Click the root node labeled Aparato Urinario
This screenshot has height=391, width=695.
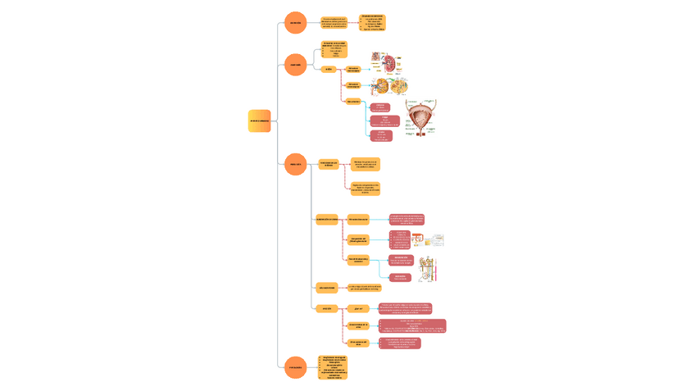point(259,120)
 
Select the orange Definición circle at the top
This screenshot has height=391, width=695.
point(295,23)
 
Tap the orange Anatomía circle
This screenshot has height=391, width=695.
point(295,65)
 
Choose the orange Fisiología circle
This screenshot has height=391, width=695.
point(295,164)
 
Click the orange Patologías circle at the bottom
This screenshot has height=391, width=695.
point(295,367)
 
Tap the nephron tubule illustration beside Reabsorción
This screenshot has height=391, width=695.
point(427,270)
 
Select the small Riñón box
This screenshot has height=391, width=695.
point(328,70)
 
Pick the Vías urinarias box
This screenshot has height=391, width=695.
point(353,102)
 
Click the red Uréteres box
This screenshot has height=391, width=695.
point(380,107)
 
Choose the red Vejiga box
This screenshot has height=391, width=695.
point(384,121)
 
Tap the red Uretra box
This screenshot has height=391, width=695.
point(381,136)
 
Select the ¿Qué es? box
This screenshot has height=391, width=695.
point(357,309)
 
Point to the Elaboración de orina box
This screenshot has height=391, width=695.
point(327,220)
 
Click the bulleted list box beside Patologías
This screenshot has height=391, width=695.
point(332,367)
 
